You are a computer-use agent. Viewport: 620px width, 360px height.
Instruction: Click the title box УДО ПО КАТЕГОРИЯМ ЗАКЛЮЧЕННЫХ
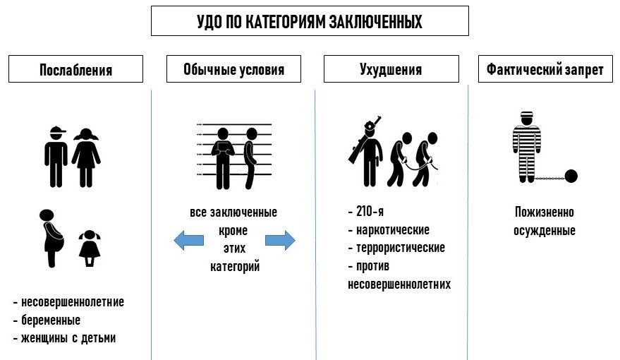click(x=310, y=21)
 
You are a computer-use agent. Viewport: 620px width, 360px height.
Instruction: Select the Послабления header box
click(x=75, y=70)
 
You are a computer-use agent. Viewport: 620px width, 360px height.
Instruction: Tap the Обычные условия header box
click(x=233, y=70)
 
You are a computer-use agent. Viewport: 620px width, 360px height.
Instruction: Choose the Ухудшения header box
click(x=390, y=70)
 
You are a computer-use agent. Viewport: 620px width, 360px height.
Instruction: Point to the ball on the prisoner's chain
click(x=572, y=176)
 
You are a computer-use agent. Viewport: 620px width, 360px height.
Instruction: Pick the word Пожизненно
click(x=544, y=212)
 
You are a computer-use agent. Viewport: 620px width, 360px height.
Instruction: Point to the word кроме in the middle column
click(x=233, y=230)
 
